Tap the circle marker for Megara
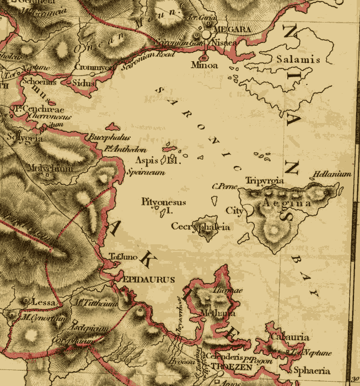206,34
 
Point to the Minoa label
205,65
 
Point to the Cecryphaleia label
200,226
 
